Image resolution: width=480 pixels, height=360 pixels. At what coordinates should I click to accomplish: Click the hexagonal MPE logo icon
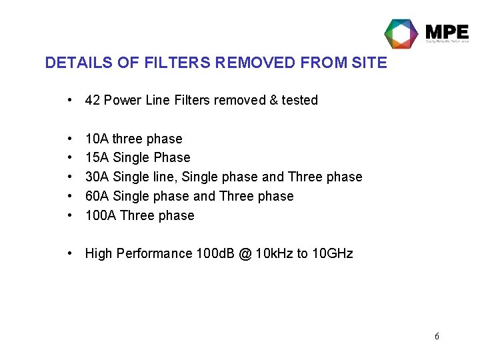click(401, 33)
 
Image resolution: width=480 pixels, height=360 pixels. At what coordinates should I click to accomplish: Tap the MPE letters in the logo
click(447, 32)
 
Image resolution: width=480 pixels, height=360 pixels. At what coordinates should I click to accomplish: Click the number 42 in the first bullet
click(93, 100)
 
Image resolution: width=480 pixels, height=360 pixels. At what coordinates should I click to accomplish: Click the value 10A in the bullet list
click(97, 139)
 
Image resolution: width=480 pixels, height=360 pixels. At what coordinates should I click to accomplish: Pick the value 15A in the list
click(97, 157)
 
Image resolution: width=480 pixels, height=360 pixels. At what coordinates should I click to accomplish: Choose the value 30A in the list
click(97, 177)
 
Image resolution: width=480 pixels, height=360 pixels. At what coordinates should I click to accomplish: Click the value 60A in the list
click(97, 196)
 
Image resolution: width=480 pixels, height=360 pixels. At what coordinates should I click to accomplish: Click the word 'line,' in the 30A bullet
click(165, 177)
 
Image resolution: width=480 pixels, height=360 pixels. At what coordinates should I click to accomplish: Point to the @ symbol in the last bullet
click(246, 253)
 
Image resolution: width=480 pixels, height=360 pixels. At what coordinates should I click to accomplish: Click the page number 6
click(437, 336)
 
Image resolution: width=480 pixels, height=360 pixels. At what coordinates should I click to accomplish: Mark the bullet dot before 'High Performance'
click(70, 253)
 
